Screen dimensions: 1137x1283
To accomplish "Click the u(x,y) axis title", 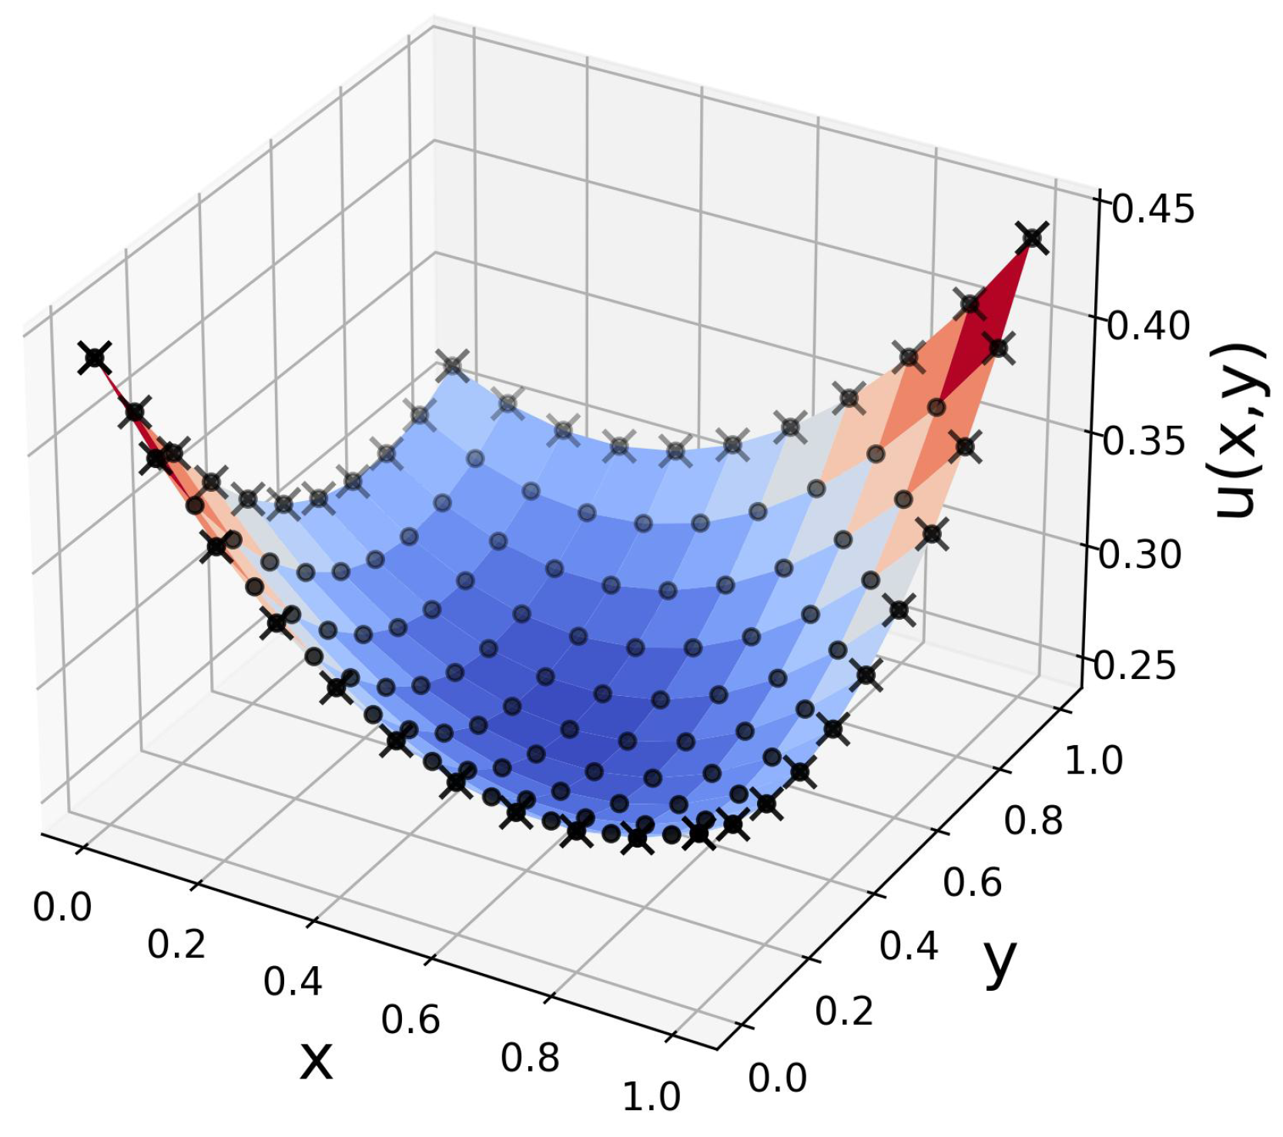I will click(1239, 431).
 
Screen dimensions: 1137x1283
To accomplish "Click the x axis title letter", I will click(316, 1061).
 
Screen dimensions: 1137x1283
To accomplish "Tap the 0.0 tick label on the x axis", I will click(62, 907).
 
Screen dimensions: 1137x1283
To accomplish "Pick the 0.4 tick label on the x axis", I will click(293, 982).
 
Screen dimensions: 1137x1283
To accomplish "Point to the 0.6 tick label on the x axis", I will click(410, 1020).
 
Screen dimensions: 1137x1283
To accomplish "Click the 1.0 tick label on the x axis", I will click(652, 1097).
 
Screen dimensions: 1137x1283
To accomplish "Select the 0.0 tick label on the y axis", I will click(777, 1078).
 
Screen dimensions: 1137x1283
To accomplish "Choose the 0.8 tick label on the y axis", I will click(1033, 821).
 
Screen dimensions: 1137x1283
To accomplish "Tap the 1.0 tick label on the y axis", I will click(1094, 761).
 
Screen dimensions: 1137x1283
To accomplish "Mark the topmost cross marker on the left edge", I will click(95, 358).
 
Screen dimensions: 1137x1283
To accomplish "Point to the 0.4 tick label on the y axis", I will click(909, 946).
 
